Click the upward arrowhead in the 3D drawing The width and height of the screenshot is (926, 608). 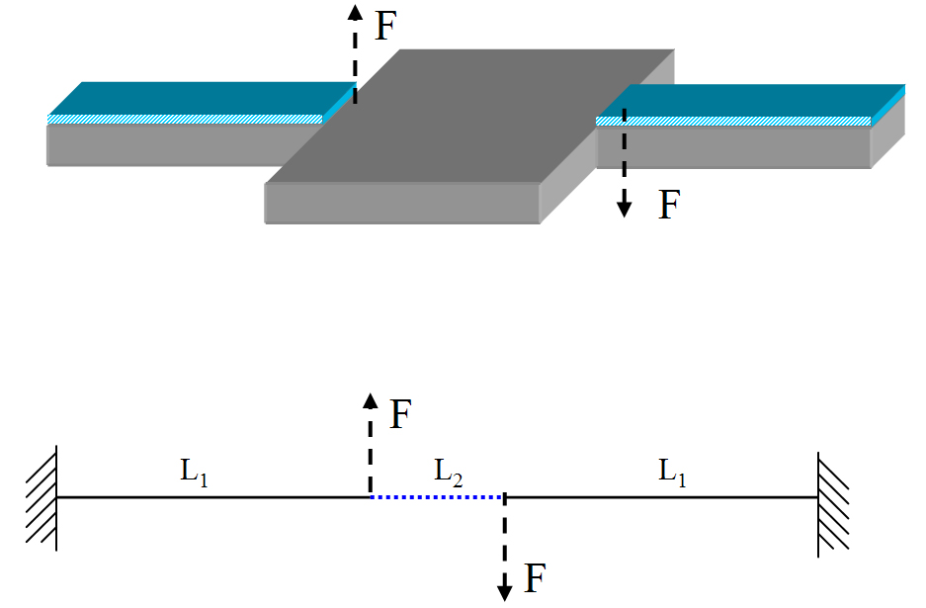[355, 10]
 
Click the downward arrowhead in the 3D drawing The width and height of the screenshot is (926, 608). [624, 208]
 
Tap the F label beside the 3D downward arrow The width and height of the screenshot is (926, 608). [669, 205]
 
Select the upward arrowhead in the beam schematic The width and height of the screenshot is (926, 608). [370, 399]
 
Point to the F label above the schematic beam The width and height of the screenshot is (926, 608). [400, 415]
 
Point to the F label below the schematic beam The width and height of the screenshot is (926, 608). [535, 578]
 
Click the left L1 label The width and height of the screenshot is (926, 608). [195, 472]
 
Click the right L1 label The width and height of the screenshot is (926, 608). [673, 472]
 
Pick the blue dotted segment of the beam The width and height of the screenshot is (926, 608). [437, 496]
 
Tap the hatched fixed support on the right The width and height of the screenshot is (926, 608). [833, 497]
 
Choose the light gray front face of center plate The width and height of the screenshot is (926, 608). [401, 203]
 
